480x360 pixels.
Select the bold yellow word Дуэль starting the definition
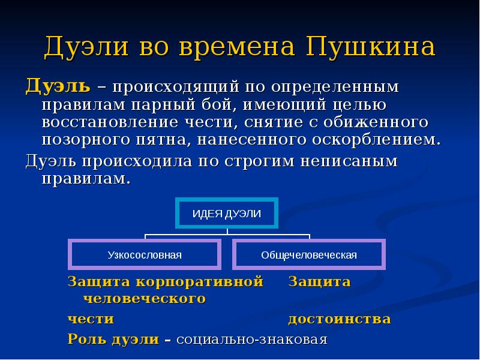click(58, 87)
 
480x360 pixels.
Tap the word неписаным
click(344, 162)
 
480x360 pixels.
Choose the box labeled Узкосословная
click(145, 255)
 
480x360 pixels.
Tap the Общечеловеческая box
click(309, 255)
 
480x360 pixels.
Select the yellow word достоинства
click(340, 319)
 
